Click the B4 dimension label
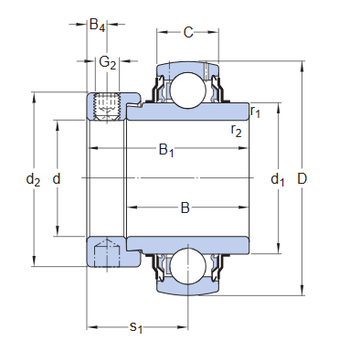(96, 27)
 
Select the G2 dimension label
(107, 62)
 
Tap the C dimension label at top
(188, 33)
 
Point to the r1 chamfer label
(257, 112)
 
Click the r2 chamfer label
(236, 132)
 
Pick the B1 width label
(166, 150)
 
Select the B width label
(184, 208)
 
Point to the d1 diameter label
(278, 179)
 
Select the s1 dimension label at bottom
(136, 327)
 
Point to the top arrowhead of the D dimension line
(302, 66)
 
